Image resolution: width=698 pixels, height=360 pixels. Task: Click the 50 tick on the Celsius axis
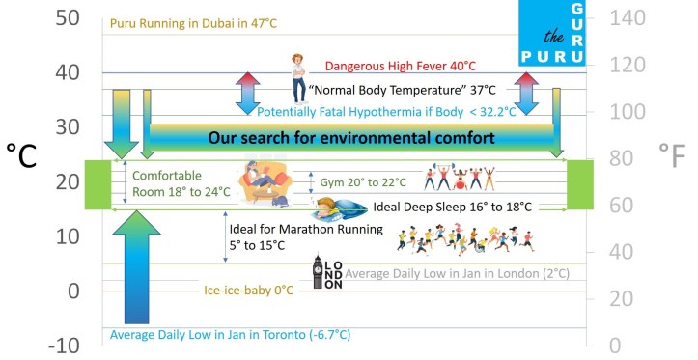click(68, 17)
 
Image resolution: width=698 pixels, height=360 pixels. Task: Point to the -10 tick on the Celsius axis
click(64, 346)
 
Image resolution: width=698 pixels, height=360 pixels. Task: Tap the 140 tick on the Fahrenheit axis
click(627, 18)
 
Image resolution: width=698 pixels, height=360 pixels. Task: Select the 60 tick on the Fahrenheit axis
click(621, 206)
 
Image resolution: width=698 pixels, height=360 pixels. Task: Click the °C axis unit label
click(21, 154)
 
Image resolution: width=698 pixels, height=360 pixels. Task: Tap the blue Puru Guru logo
click(552, 33)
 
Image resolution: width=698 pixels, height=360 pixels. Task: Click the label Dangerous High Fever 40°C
click(401, 66)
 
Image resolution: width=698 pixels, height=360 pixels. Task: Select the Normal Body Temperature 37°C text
click(402, 90)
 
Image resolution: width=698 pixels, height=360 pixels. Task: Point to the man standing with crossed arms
click(298, 79)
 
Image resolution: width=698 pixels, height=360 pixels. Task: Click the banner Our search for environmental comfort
click(351, 137)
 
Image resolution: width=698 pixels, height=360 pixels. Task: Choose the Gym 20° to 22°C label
click(363, 182)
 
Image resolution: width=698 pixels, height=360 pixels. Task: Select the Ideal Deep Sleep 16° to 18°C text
click(452, 207)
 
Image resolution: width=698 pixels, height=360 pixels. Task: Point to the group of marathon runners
click(465, 239)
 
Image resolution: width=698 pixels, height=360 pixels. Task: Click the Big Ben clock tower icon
click(318, 271)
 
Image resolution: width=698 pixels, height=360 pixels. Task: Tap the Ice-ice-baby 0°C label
click(249, 291)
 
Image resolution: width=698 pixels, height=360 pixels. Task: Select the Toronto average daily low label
click(230, 334)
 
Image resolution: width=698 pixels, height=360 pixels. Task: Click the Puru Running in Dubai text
click(193, 23)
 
